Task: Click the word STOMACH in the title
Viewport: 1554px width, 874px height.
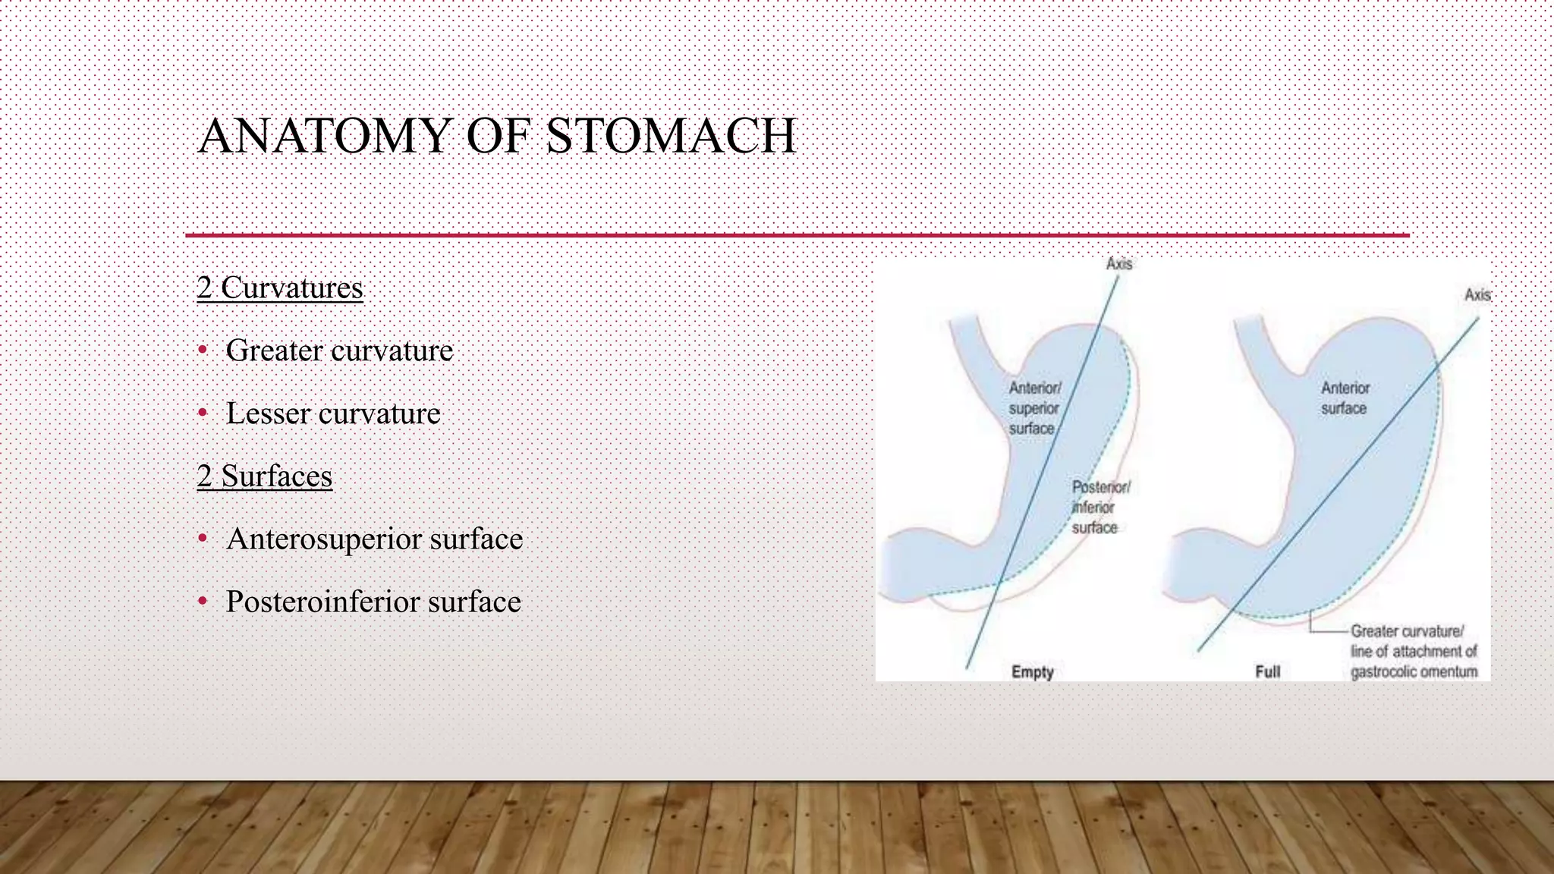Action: point(671,137)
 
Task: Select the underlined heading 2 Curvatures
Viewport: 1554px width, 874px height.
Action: point(280,288)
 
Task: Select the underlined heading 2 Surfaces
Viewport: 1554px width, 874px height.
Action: point(265,476)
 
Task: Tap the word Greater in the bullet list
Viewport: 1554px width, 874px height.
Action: point(274,351)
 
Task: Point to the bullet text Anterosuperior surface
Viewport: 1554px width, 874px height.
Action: point(374,539)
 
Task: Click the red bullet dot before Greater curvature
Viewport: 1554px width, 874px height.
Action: point(202,351)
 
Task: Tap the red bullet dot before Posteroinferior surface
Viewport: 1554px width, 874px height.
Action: point(202,602)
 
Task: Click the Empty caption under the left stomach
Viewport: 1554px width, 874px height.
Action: point(1032,672)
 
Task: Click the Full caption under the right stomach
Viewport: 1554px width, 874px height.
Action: point(1267,672)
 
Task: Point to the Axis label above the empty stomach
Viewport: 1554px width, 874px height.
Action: point(1118,264)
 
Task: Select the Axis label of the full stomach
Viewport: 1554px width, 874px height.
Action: point(1477,295)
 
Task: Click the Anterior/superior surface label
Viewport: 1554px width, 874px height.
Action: point(1033,408)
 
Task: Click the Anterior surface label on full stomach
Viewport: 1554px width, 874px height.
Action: point(1345,398)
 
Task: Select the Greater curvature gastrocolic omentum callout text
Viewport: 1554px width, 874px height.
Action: point(1413,651)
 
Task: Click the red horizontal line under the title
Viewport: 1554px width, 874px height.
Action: point(797,236)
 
